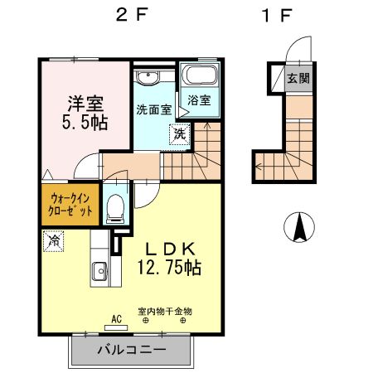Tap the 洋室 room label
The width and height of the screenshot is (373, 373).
(85, 104)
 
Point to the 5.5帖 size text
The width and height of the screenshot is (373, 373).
(85, 124)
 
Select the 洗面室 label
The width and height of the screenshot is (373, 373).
(153, 109)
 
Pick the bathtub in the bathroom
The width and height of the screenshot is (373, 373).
(199, 76)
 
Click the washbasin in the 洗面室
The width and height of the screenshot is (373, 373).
(149, 78)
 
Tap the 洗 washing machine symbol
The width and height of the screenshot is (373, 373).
(179, 132)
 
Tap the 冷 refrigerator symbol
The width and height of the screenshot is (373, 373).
(54, 240)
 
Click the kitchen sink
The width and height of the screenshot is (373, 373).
(99, 270)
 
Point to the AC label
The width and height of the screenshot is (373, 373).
(117, 317)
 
